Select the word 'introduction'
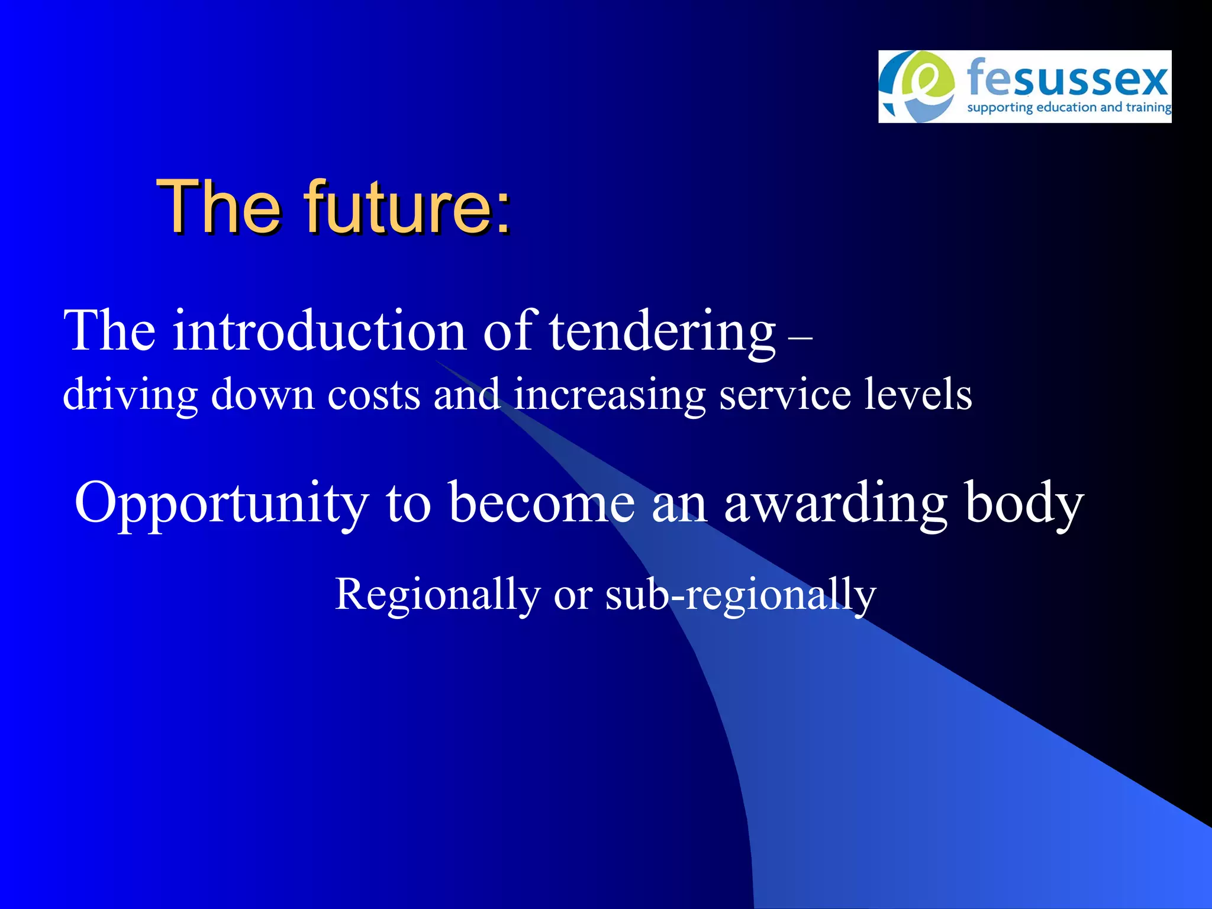tap(320, 331)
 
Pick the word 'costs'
tap(373, 395)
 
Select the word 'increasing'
tap(609, 395)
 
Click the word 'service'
tap(785, 395)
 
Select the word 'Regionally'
tap(437, 595)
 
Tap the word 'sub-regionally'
tap(740, 595)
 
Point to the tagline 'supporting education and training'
tap(1069, 108)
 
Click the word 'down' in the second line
tap(262, 395)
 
